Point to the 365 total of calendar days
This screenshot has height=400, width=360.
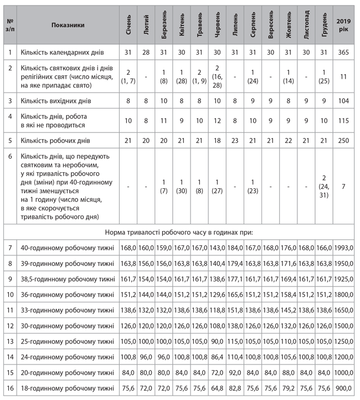(343, 52)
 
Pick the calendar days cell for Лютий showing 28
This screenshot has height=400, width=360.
(146, 52)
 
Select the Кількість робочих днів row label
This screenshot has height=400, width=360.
(53, 141)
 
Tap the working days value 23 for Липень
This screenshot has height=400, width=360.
(235, 141)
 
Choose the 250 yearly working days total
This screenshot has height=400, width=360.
(343, 141)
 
